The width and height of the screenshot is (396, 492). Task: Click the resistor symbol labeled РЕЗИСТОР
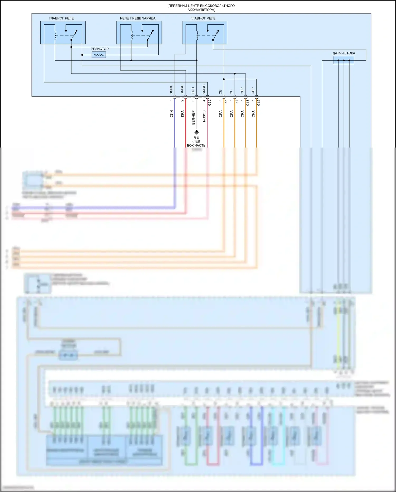point(99,55)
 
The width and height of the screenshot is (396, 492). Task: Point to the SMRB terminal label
point(171,89)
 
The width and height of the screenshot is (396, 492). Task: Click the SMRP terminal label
point(182,89)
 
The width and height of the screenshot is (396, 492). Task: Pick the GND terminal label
point(193,90)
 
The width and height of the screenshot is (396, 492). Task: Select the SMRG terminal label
point(204,89)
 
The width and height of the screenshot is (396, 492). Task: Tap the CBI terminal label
point(220,91)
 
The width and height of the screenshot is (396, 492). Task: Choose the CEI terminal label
point(231,91)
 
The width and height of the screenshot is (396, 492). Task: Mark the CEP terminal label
point(242,91)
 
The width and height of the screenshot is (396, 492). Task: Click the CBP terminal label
point(253,91)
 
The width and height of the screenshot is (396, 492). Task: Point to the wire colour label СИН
point(171,114)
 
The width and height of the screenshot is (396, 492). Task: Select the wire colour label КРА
point(182,114)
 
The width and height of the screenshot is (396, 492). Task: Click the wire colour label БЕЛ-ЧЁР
point(193,117)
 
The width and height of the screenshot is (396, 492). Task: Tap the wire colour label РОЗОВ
point(204,116)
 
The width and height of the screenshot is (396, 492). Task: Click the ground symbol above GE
point(196,132)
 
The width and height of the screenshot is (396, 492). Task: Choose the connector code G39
point(210,103)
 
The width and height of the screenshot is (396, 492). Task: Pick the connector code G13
point(248,103)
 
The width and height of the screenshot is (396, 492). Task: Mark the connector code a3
point(226,101)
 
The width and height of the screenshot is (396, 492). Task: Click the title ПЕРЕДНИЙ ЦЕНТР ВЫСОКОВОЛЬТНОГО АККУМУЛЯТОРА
point(201,8)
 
